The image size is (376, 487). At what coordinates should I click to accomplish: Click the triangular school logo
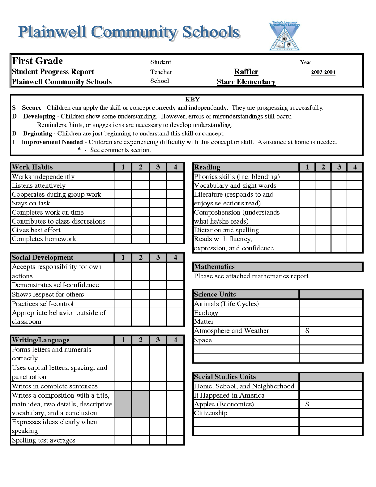point(284,36)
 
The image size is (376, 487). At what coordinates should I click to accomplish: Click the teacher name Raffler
point(246,72)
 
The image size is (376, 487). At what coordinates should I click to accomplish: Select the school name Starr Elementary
point(246,82)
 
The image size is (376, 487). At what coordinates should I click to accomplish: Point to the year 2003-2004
point(323,72)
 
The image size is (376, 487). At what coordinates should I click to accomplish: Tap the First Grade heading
point(37,61)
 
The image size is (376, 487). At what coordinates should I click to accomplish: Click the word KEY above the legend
point(192,99)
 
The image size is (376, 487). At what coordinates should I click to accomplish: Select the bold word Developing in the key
point(39,116)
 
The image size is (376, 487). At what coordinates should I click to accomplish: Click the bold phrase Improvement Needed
point(52,142)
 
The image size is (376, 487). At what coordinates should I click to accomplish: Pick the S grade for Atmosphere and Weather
point(307,331)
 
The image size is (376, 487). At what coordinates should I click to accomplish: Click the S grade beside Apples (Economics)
point(307,404)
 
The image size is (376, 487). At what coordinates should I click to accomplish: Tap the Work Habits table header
point(32,167)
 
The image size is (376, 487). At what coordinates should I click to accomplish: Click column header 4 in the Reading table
point(355,167)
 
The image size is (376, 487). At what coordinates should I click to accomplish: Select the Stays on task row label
point(31,203)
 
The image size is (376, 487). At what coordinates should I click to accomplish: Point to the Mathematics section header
point(214,267)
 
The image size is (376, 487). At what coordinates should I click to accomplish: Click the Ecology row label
point(206,313)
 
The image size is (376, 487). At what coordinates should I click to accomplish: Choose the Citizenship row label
point(211,413)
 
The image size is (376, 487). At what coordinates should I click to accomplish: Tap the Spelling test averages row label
point(44,440)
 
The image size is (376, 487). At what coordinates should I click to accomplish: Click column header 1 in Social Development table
point(123,257)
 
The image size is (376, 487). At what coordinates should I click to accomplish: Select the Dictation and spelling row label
point(226,230)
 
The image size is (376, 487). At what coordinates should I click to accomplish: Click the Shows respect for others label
point(48,295)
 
